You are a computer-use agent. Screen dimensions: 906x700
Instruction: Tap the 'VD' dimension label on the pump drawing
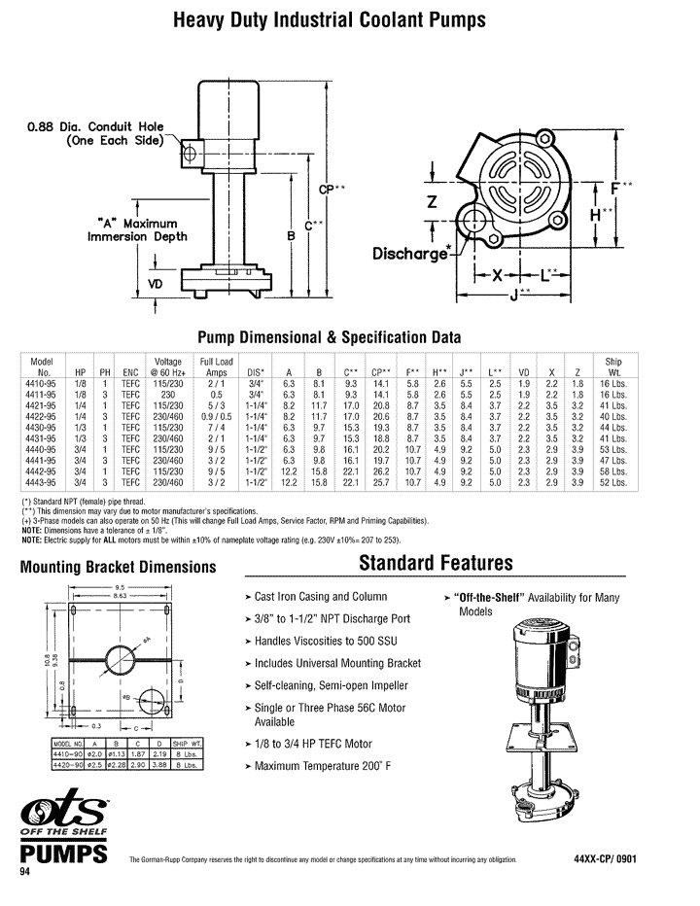[155, 284]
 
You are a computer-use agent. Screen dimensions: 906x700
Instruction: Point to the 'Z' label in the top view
[432, 200]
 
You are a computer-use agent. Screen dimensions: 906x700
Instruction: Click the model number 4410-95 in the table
[41, 384]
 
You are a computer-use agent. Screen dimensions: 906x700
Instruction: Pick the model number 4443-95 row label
[41, 482]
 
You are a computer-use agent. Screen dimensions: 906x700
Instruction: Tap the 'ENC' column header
[129, 371]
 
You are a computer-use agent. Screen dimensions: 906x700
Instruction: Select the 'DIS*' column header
[256, 371]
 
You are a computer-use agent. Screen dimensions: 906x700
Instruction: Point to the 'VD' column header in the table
[524, 371]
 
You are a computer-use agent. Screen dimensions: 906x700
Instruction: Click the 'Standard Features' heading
[436, 563]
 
